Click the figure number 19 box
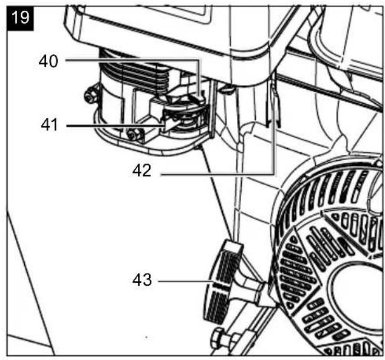coord(20,19)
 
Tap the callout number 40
coord(48,61)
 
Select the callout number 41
coord(49,125)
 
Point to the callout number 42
coord(142,171)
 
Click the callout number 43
coord(142,280)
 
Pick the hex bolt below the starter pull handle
coord(218,338)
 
